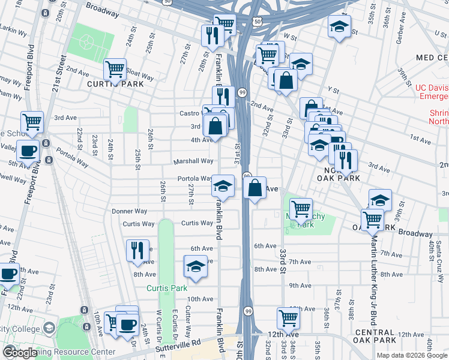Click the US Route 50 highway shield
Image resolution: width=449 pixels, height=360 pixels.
point(257,21)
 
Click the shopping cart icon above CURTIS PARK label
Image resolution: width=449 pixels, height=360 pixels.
point(114,69)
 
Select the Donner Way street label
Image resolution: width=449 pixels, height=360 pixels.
point(130,211)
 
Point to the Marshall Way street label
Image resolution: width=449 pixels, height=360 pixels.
point(193,161)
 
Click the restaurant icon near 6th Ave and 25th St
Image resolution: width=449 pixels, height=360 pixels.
point(137,250)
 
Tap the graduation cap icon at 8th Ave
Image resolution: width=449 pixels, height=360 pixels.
point(196,266)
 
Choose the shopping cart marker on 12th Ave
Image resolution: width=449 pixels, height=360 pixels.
point(289,319)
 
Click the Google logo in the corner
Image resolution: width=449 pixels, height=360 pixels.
point(20,352)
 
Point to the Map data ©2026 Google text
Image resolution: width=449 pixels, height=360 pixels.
point(411,355)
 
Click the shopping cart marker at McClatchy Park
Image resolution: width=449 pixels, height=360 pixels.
point(301,209)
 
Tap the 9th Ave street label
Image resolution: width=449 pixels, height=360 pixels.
point(298,286)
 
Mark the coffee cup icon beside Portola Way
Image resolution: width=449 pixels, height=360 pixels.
point(28,151)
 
